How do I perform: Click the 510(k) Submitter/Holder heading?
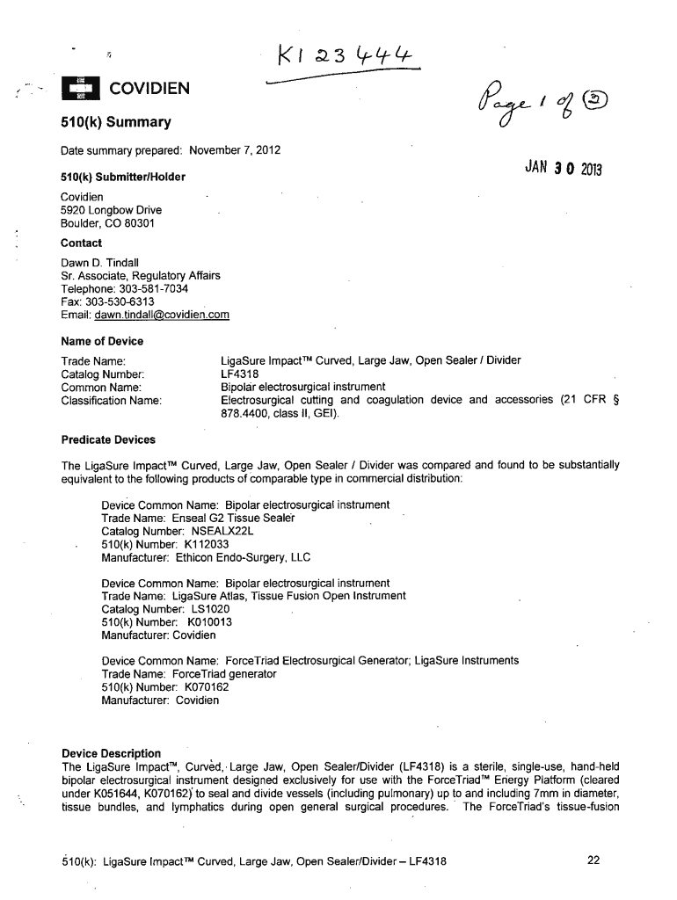123,178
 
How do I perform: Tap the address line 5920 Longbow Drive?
111,210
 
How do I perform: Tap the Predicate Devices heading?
108,439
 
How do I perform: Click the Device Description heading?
112,753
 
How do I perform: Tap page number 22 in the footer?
593,861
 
